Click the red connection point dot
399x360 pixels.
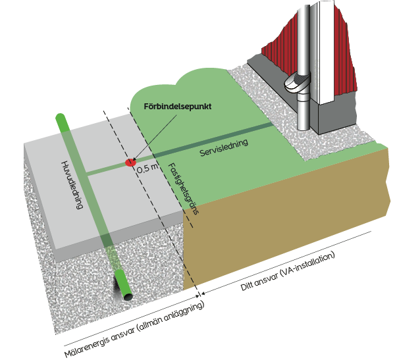[130, 161]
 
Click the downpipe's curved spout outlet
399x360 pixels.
[294, 85]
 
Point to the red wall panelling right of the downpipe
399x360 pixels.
[342, 59]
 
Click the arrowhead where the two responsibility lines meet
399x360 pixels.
[201, 295]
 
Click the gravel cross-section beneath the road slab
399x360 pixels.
[66, 276]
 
